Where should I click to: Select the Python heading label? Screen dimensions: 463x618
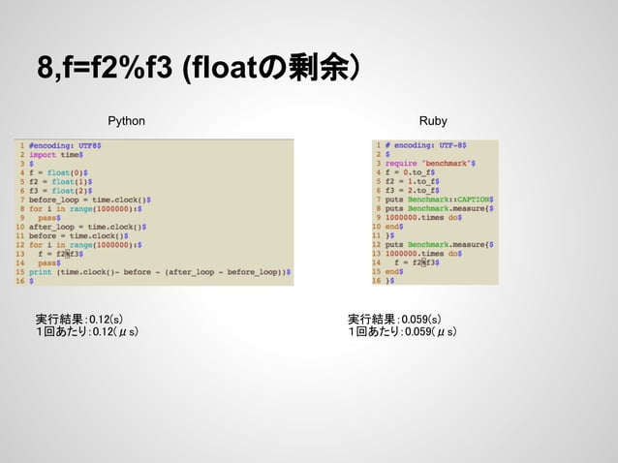(x=126, y=121)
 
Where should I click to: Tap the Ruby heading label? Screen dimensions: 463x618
(x=433, y=121)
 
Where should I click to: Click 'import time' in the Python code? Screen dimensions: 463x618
(x=58, y=153)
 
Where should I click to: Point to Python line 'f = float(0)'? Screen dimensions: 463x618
(x=60, y=171)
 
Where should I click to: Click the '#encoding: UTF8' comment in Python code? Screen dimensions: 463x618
(x=64, y=144)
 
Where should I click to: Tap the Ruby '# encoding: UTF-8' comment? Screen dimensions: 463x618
(x=427, y=144)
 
